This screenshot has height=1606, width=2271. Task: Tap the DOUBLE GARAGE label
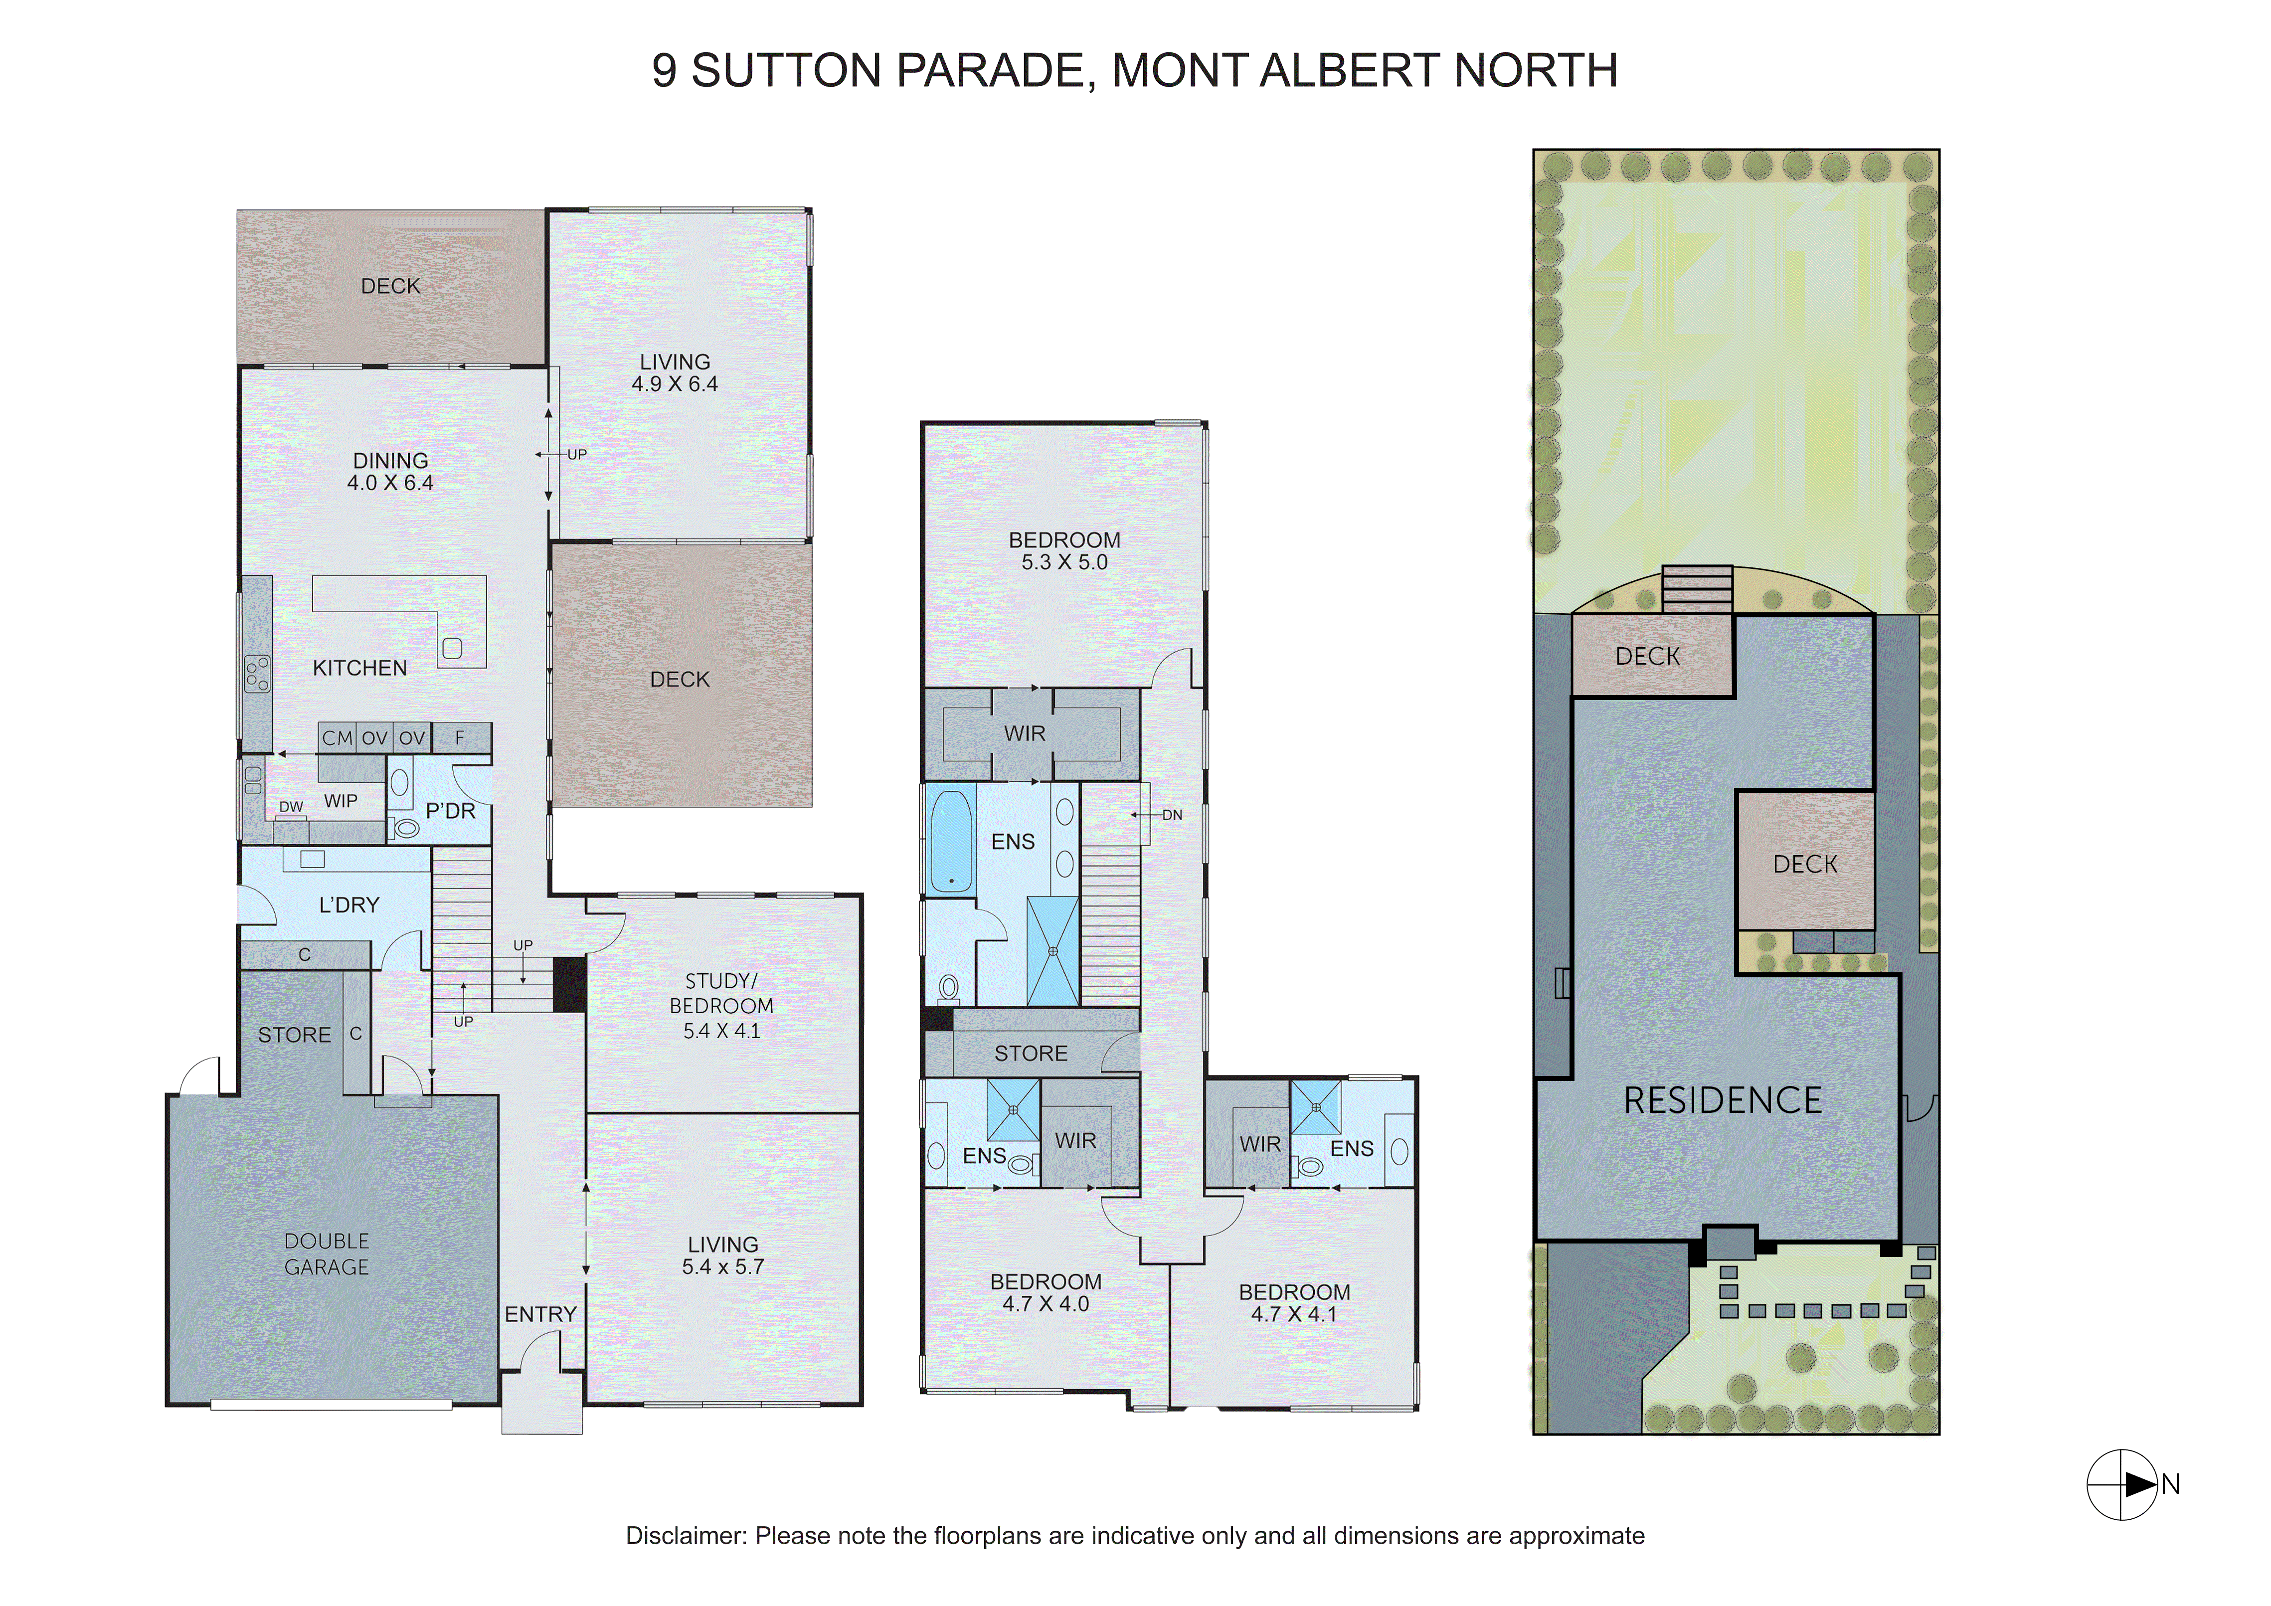tap(327, 1254)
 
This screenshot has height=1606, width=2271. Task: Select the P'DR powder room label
tap(450, 811)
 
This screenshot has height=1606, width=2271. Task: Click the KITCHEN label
tap(360, 669)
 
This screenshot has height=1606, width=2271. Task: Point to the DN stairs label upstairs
tap(1172, 815)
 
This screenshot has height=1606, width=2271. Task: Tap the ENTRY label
tap(540, 1314)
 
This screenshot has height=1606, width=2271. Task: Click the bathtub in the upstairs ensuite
tap(951, 841)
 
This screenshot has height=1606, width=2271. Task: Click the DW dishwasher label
tap(291, 807)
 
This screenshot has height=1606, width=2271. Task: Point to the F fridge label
tap(460, 738)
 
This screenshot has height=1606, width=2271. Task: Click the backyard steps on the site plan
tap(1696, 589)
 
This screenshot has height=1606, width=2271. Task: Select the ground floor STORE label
tap(294, 1036)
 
